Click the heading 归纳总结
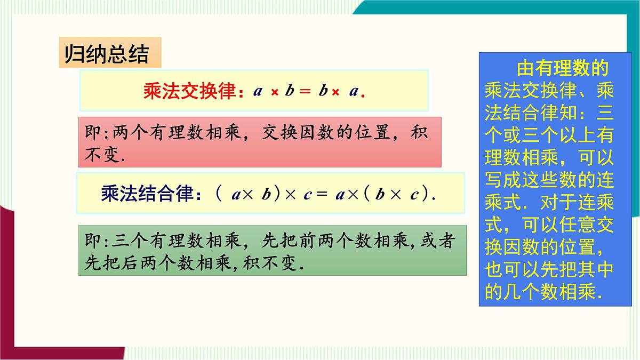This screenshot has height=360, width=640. pyautogui.click(x=106, y=54)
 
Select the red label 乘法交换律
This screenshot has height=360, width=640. pyautogui.click(x=189, y=91)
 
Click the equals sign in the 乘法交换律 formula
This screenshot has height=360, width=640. pyautogui.click(x=305, y=91)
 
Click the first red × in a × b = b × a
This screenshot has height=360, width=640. pyautogui.click(x=275, y=92)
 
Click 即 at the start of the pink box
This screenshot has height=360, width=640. pyautogui.click(x=92, y=132)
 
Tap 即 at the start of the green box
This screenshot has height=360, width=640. pyautogui.click(x=92, y=241)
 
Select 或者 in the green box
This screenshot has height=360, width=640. pyautogui.click(x=437, y=241)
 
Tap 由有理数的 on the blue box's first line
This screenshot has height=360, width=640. pyautogui.click(x=562, y=69)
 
